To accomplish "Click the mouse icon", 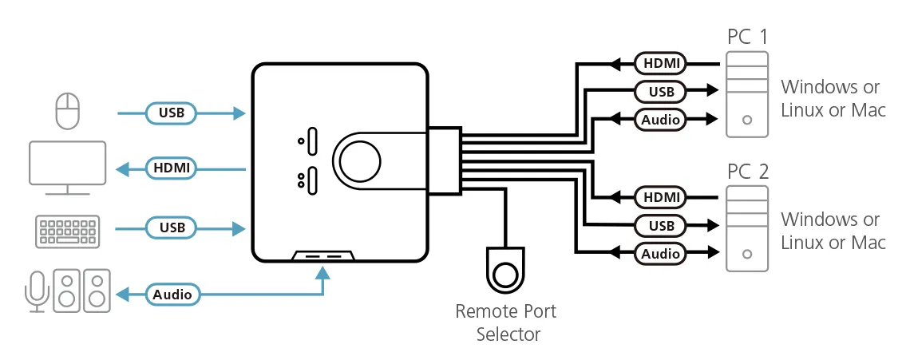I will [68, 111].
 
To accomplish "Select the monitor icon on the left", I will [67, 166].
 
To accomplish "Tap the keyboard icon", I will [67, 229].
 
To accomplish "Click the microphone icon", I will [35, 290].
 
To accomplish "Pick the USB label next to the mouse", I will [172, 113].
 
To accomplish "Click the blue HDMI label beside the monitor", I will [172, 168].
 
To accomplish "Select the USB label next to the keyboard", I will [172, 228].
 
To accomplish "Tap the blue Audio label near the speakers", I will [172, 295].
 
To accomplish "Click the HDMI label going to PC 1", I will [661, 63].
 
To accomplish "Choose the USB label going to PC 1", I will [661, 92].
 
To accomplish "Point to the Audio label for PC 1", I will [661, 121].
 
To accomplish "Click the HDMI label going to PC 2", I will [661, 196].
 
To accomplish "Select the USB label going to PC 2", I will [661, 226].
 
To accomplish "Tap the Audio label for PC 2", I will [661, 254].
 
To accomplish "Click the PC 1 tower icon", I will [746, 94].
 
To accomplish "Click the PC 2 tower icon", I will [746, 228].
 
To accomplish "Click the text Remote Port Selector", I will [506, 322].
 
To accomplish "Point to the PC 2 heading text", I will [748, 172].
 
